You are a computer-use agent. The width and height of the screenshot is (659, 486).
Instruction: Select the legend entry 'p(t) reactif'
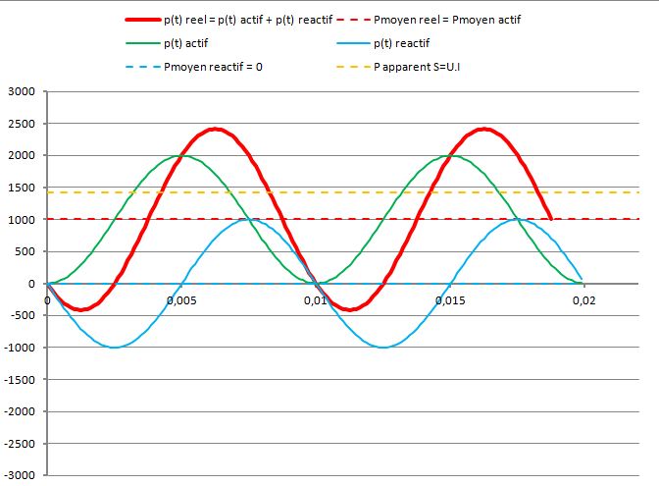402,43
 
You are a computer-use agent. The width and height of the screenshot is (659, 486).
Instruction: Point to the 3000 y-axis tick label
20,92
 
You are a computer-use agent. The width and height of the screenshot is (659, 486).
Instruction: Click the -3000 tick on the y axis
18,476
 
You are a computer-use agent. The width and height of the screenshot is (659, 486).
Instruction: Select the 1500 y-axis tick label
20,189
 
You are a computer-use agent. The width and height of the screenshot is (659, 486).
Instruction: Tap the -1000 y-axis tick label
18,349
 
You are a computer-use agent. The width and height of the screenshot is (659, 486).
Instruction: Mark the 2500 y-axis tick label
20,125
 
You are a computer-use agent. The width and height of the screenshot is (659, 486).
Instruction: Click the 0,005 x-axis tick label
180,299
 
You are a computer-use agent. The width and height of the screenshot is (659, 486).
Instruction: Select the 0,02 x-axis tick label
583,299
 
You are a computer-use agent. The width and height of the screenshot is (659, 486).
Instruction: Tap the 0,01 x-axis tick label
314,299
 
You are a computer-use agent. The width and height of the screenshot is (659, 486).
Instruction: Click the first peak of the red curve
217,129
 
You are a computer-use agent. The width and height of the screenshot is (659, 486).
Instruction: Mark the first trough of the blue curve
115,348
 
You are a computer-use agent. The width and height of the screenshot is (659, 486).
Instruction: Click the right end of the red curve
551,219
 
